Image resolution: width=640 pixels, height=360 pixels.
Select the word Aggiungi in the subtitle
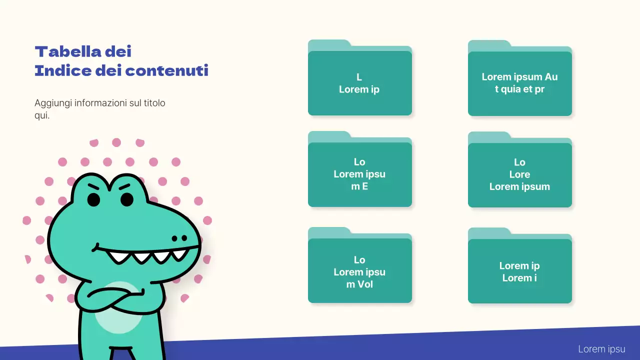pyautogui.click(x=52, y=103)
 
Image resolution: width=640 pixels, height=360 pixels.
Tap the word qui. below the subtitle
pyautogui.click(x=42, y=115)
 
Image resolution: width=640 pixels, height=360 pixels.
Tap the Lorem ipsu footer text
pyautogui.click(x=601, y=349)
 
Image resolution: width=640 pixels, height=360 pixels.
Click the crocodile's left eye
pyautogui.click(x=94, y=199)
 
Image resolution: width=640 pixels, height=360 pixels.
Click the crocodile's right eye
pyautogui.click(x=127, y=199)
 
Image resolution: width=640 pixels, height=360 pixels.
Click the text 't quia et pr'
pyautogui.click(x=519, y=89)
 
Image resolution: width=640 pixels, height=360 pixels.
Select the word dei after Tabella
pyautogui.click(x=118, y=51)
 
